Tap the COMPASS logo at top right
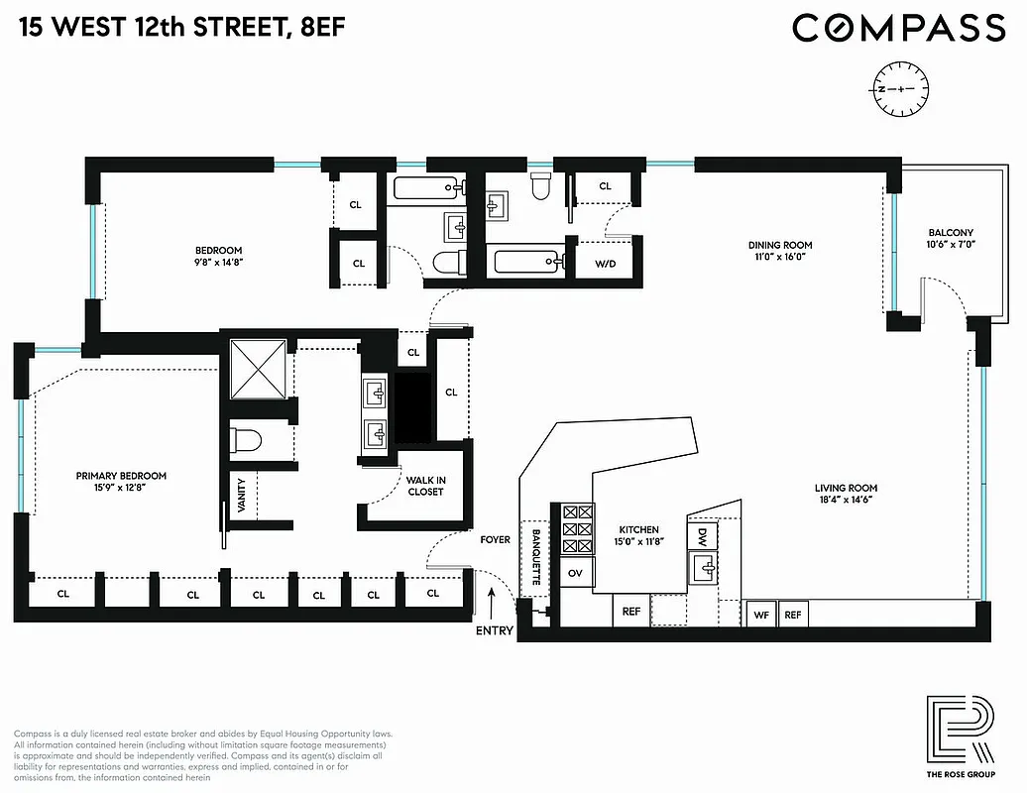pyautogui.click(x=898, y=28)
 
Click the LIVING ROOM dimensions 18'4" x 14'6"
pyautogui.click(x=846, y=502)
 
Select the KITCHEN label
pyautogui.click(x=639, y=530)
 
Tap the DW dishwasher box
pyautogui.click(x=702, y=536)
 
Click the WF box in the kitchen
pyautogui.click(x=761, y=615)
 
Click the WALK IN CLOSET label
pyautogui.click(x=425, y=486)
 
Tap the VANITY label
pyautogui.click(x=241, y=493)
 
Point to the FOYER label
pyautogui.click(x=495, y=540)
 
